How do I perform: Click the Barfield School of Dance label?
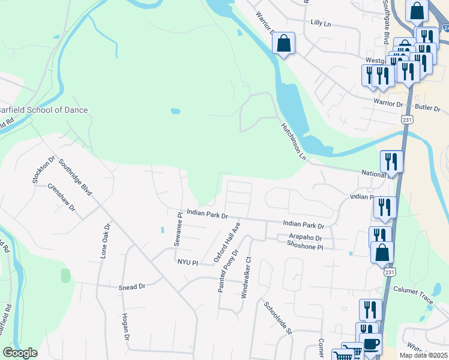pos(43,110)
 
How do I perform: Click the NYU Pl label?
pos(187,262)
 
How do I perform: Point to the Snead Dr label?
pos(133,287)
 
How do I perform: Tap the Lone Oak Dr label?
pos(106,241)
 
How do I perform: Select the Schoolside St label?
pos(277,317)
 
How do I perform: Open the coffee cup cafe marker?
pos(372,344)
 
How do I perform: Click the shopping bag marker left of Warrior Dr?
pos(284,43)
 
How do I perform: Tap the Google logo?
pos(20,353)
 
